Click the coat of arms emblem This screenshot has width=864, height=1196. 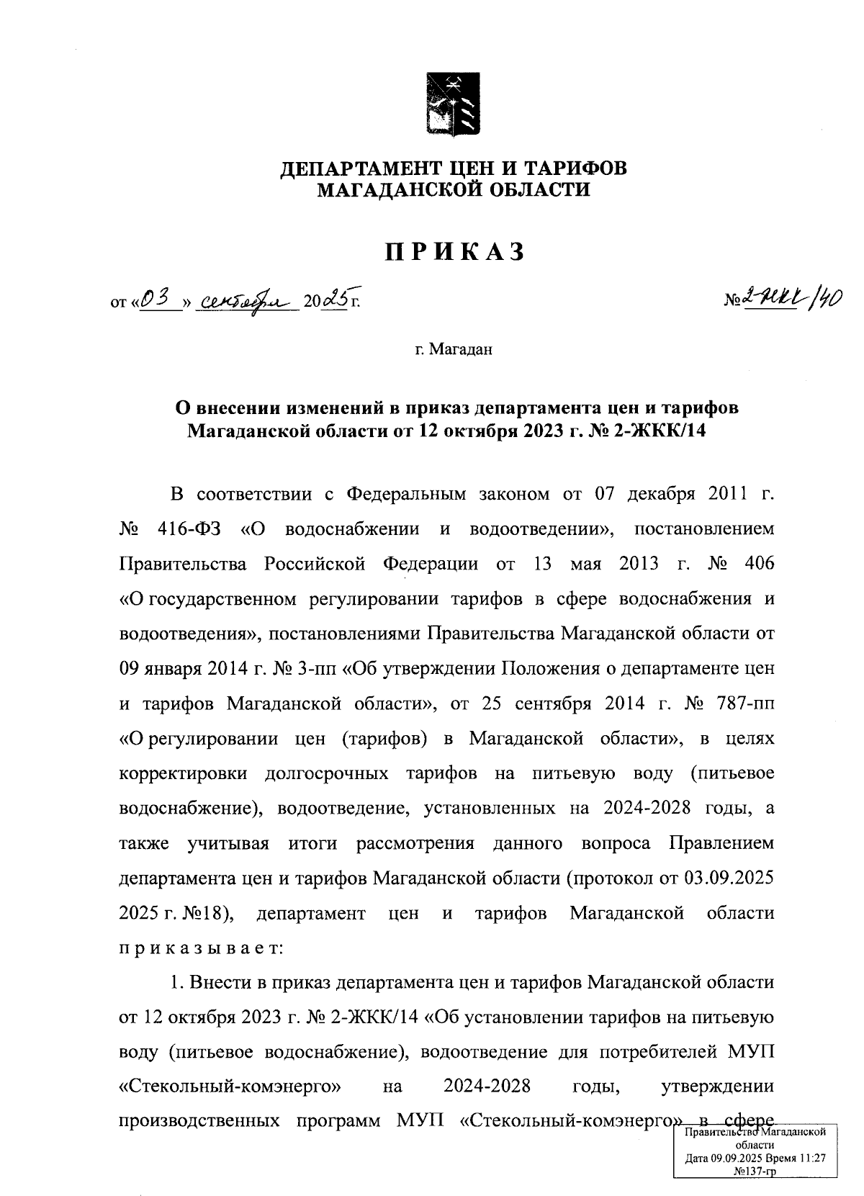453,103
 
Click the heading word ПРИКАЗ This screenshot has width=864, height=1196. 453,252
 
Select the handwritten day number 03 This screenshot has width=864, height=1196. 156,298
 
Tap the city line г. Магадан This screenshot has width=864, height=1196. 453,350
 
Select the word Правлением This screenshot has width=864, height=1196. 721,843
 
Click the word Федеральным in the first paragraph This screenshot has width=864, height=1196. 399,495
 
